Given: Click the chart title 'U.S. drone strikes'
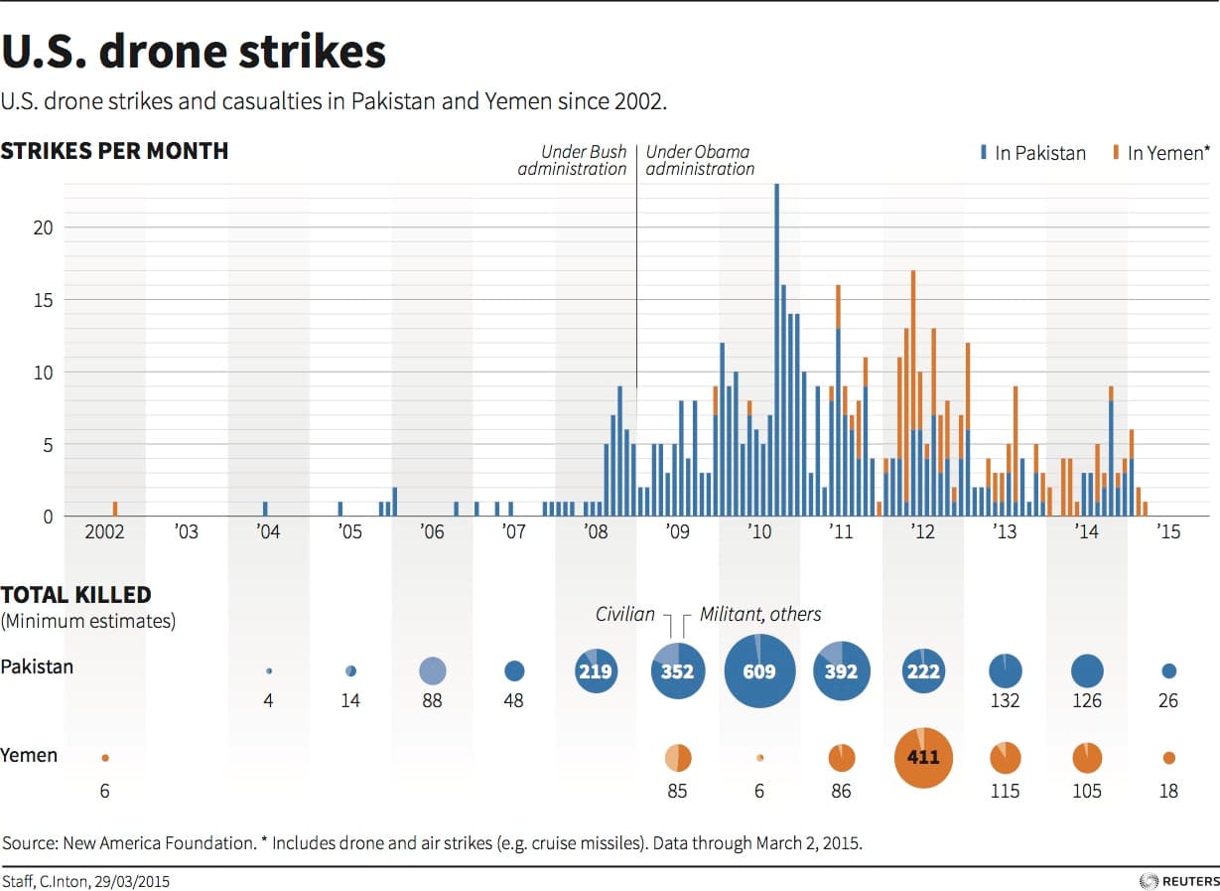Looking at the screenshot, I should pos(195,52).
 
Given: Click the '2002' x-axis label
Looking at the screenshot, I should pos(104,532).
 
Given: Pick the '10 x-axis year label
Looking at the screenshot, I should pos(759,532).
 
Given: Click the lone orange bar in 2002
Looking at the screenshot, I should pos(115,509).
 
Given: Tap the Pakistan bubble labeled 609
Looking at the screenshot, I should pos(759,671).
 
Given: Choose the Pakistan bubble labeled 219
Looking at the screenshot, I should pos(596,671).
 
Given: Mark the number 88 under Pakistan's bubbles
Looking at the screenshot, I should pos(432,701).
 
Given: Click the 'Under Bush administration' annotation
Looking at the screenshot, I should pos(584,160).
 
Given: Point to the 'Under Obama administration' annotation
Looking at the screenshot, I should pos(700,160).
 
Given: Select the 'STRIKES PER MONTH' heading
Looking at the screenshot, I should pos(114,151).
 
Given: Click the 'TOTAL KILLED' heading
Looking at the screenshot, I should pos(76,595).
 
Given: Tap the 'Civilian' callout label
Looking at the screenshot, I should pos(625,614).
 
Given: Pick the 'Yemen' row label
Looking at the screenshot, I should pos(30,755).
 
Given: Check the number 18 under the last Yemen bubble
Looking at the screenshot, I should pos(1168,791).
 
